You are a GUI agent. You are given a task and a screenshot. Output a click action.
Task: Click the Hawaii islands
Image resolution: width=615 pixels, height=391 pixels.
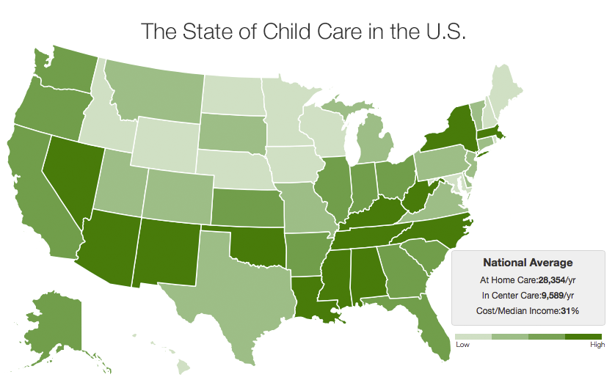183,368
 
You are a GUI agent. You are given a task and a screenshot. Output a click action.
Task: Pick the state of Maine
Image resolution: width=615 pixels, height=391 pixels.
505,90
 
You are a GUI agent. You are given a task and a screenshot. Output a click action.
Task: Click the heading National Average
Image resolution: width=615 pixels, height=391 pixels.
528,263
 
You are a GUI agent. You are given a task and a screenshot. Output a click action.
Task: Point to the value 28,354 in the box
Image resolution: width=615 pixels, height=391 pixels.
551,280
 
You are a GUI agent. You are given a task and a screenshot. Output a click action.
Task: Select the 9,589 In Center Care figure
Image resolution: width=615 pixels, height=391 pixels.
552,296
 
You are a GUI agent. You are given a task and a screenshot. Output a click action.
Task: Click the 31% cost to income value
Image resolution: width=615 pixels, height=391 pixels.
570,310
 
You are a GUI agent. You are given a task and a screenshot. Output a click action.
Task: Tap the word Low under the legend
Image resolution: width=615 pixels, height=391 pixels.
462,345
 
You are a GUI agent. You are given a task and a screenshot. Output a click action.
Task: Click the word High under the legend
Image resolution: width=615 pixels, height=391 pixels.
597,345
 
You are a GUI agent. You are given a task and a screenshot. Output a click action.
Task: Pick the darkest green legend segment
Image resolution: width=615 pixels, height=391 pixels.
583,337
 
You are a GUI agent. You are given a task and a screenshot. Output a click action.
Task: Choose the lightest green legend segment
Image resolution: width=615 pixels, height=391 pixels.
473,337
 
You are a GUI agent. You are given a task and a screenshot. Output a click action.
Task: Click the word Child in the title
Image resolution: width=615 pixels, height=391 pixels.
286,32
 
